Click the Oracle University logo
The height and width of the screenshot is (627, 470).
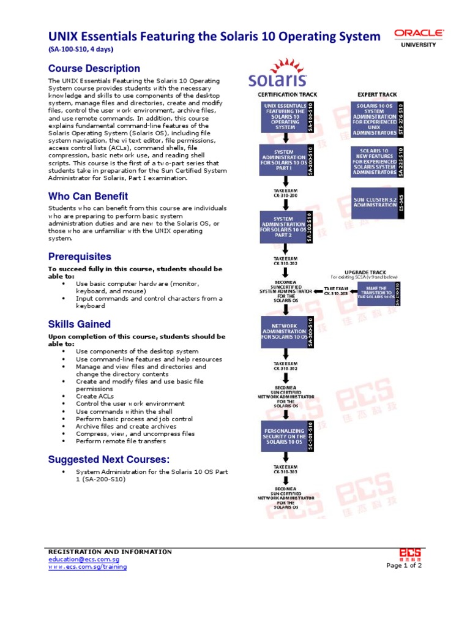pos(419,37)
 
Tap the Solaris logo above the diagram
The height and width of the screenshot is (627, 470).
pos(277,75)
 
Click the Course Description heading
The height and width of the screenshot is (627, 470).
pos(94,69)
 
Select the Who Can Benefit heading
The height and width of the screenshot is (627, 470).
pos(88,196)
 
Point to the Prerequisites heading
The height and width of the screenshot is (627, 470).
pos(80,256)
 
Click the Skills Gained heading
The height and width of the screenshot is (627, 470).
pos(80,324)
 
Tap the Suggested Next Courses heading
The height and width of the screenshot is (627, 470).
pos(109,459)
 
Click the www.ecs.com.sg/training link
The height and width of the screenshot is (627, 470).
pos(88,567)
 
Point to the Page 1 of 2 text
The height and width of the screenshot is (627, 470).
pos(404,565)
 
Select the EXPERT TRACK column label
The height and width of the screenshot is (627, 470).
pos(376,94)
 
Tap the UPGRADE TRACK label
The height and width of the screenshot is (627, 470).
pos(364,272)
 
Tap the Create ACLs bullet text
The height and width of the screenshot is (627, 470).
pos(95,396)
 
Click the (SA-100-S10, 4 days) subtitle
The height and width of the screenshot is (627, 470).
pos(81,49)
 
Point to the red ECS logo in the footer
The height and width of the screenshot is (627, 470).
pos(409,553)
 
